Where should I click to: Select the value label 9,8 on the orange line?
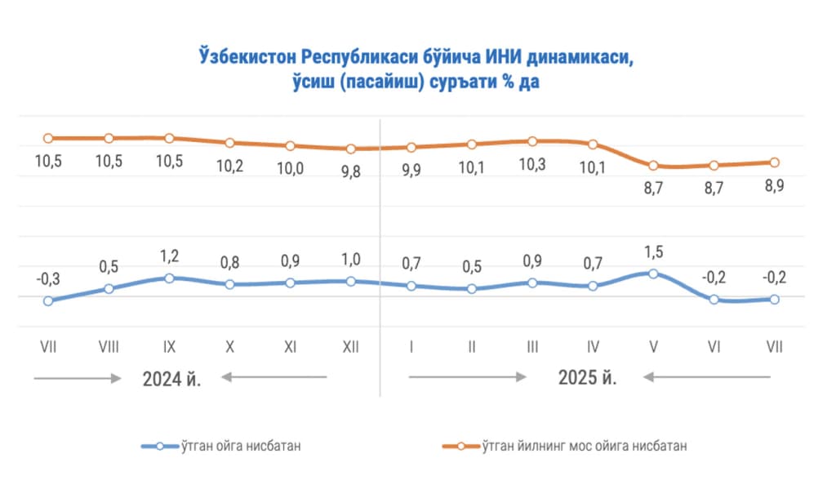tap(350, 171)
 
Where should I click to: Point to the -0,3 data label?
tap(48, 278)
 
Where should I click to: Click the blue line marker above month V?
tap(652, 273)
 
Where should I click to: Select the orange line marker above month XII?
tap(350, 149)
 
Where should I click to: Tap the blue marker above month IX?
tap(169, 278)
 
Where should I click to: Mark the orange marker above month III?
tap(531, 140)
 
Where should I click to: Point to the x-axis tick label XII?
tap(350, 347)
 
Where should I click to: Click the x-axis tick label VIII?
tap(109, 347)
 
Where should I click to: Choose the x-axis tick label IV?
tap(592, 347)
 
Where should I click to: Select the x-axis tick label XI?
tap(290, 347)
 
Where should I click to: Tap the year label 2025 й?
tap(587, 378)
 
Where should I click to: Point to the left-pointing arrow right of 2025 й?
tap(706, 377)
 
